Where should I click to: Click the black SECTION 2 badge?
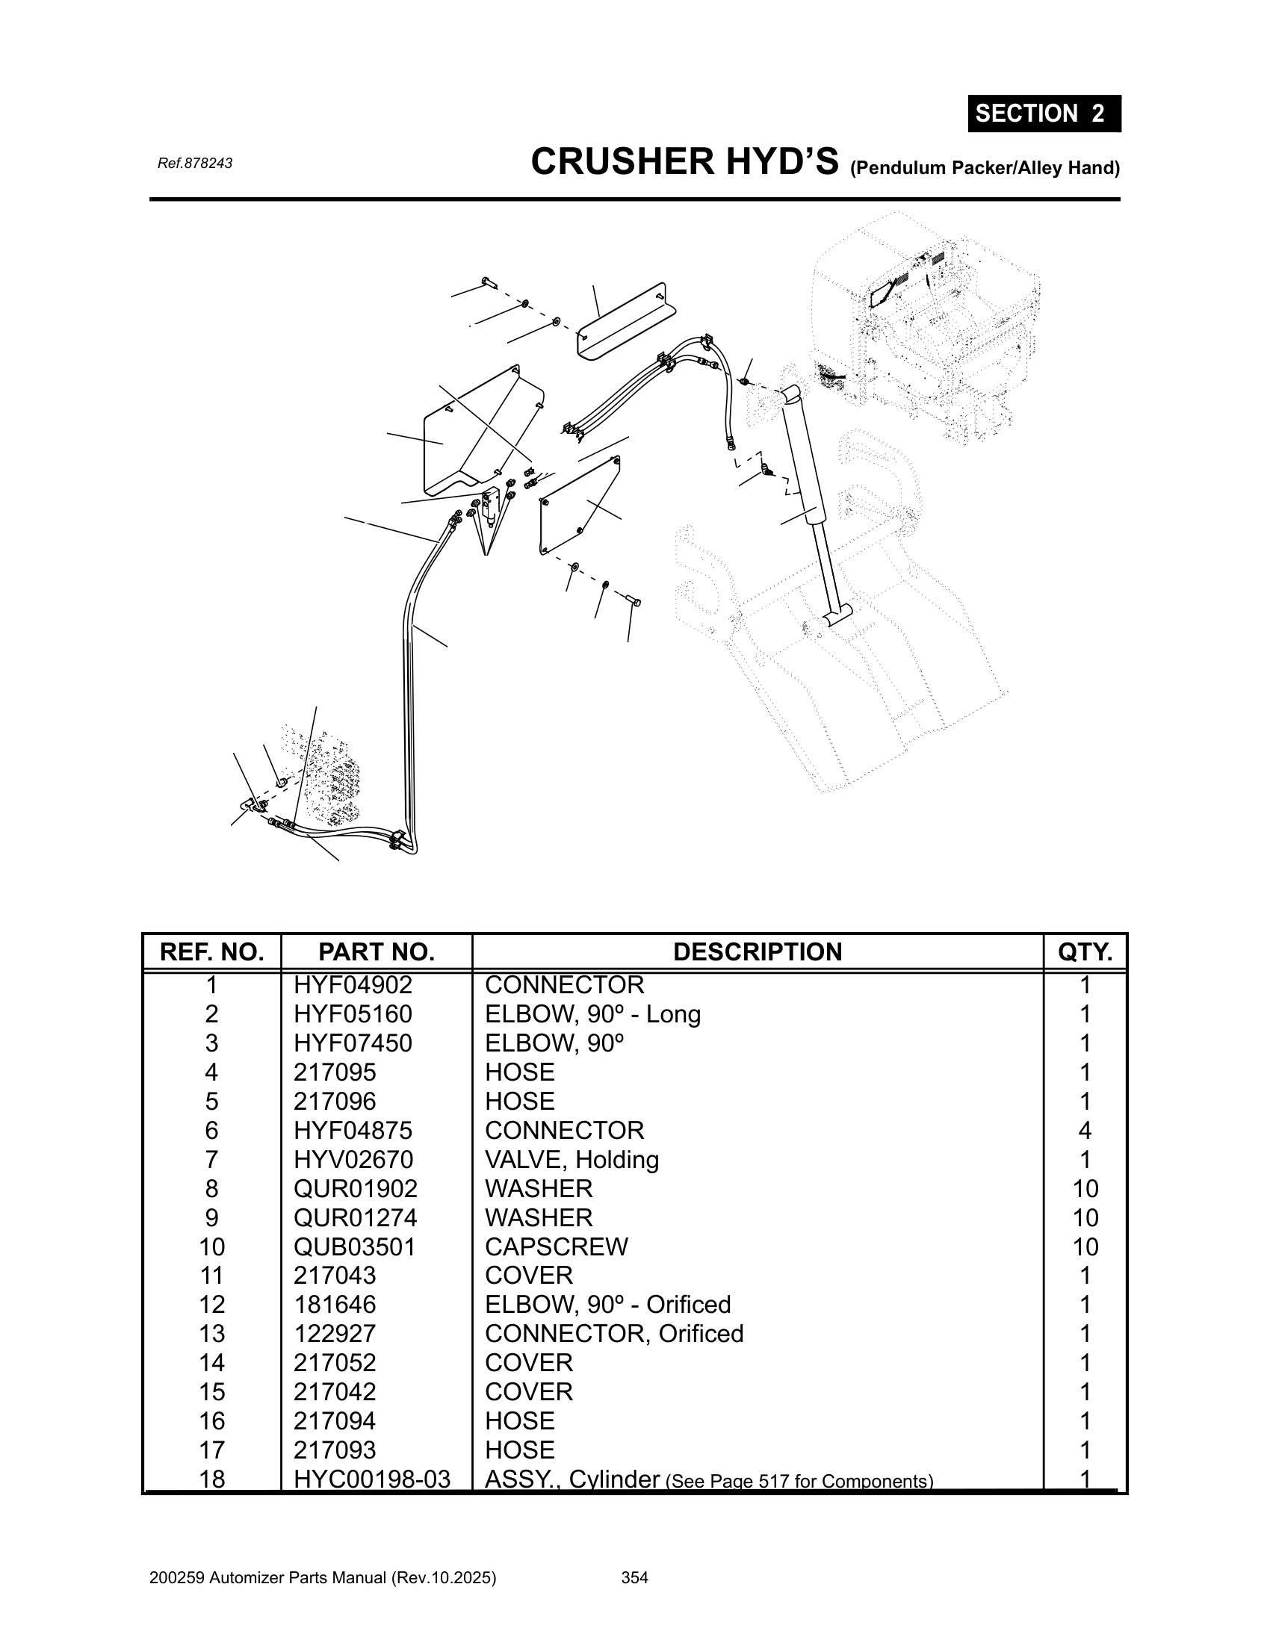tap(1044, 114)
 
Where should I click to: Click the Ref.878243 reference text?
tap(195, 164)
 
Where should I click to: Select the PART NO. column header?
tap(377, 951)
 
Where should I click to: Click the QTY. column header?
tap(1085, 951)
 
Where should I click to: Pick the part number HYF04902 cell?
tap(353, 985)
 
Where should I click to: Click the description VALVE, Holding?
tap(571, 1159)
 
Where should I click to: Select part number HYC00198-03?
tap(372, 1479)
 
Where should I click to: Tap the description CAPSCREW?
tap(556, 1246)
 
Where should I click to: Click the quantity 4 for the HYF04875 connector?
tap(1085, 1130)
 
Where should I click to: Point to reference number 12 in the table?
tap(211, 1305)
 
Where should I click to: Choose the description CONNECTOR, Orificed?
tap(614, 1333)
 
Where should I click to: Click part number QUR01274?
tap(355, 1217)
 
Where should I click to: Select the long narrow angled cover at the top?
tap(624, 321)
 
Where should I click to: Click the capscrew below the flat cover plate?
tap(633, 600)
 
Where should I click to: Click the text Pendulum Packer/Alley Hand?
tap(985, 168)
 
